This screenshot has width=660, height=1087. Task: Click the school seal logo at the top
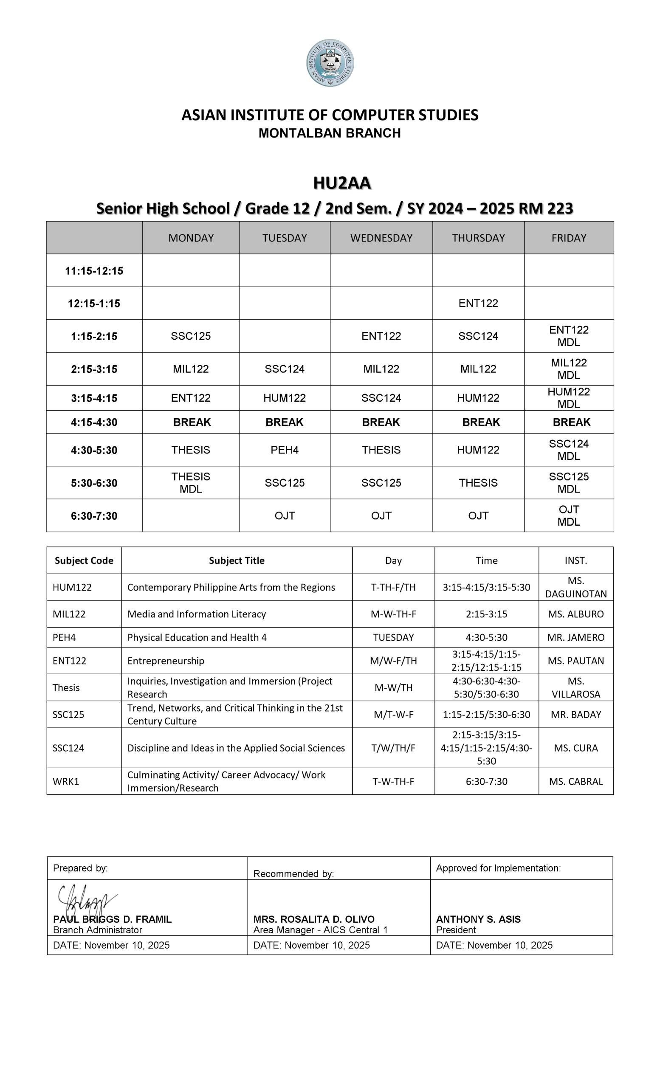pyautogui.click(x=330, y=63)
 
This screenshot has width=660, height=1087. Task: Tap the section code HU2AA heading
pyautogui.click(x=342, y=183)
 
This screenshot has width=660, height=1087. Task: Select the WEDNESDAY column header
pyautogui.click(x=381, y=238)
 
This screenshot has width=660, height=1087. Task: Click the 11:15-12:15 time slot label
pyautogui.click(x=94, y=271)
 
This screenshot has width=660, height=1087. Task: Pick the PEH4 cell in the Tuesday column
pyautogui.click(x=285, y=450)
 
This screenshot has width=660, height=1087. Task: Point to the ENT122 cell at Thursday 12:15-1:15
pyautogui.click(x=478, y=303)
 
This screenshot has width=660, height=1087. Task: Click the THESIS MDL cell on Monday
pyautogui.click(x=191, y=483)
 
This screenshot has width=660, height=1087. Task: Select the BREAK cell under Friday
pyautogui.click(x=571, y=422)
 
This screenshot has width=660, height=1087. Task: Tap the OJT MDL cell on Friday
pyautogui.click(x=569, y=515)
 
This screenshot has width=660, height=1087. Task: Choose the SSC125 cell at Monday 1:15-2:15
pyautogui.click(x=191, y=336)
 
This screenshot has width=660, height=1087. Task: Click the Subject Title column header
pyautogui.click(x=237, y=560)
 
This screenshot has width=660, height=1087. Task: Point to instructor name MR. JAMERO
pyautogui.click(x=576, y=637)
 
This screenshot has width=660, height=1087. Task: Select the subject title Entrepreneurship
pyautogui.click(x=166, y=661)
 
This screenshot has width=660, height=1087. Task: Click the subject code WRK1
pyautogui.click(x=66, y=781)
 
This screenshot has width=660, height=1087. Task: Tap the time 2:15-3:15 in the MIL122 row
pyautogui.click(x=486, y=614)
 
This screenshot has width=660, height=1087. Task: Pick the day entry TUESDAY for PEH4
pyautogui.click(x=393, y=637)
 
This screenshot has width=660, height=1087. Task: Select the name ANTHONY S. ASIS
pyautogui.click(x=478, y=919)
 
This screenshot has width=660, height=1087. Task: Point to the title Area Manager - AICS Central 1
pyautogui.click(x=320, y=930)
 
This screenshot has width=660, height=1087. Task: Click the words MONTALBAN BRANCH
pyautogui.click(x=330, y=133)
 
